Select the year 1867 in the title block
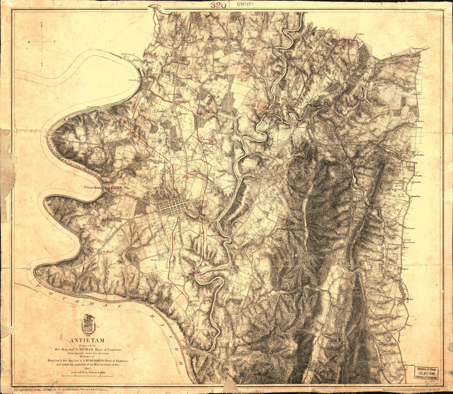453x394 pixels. click(x=87, y=369)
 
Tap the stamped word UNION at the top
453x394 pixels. click(x=246, y=5)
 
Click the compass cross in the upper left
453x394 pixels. click(x=42, y=42)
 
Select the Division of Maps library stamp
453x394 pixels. click(x=426, y=373)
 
